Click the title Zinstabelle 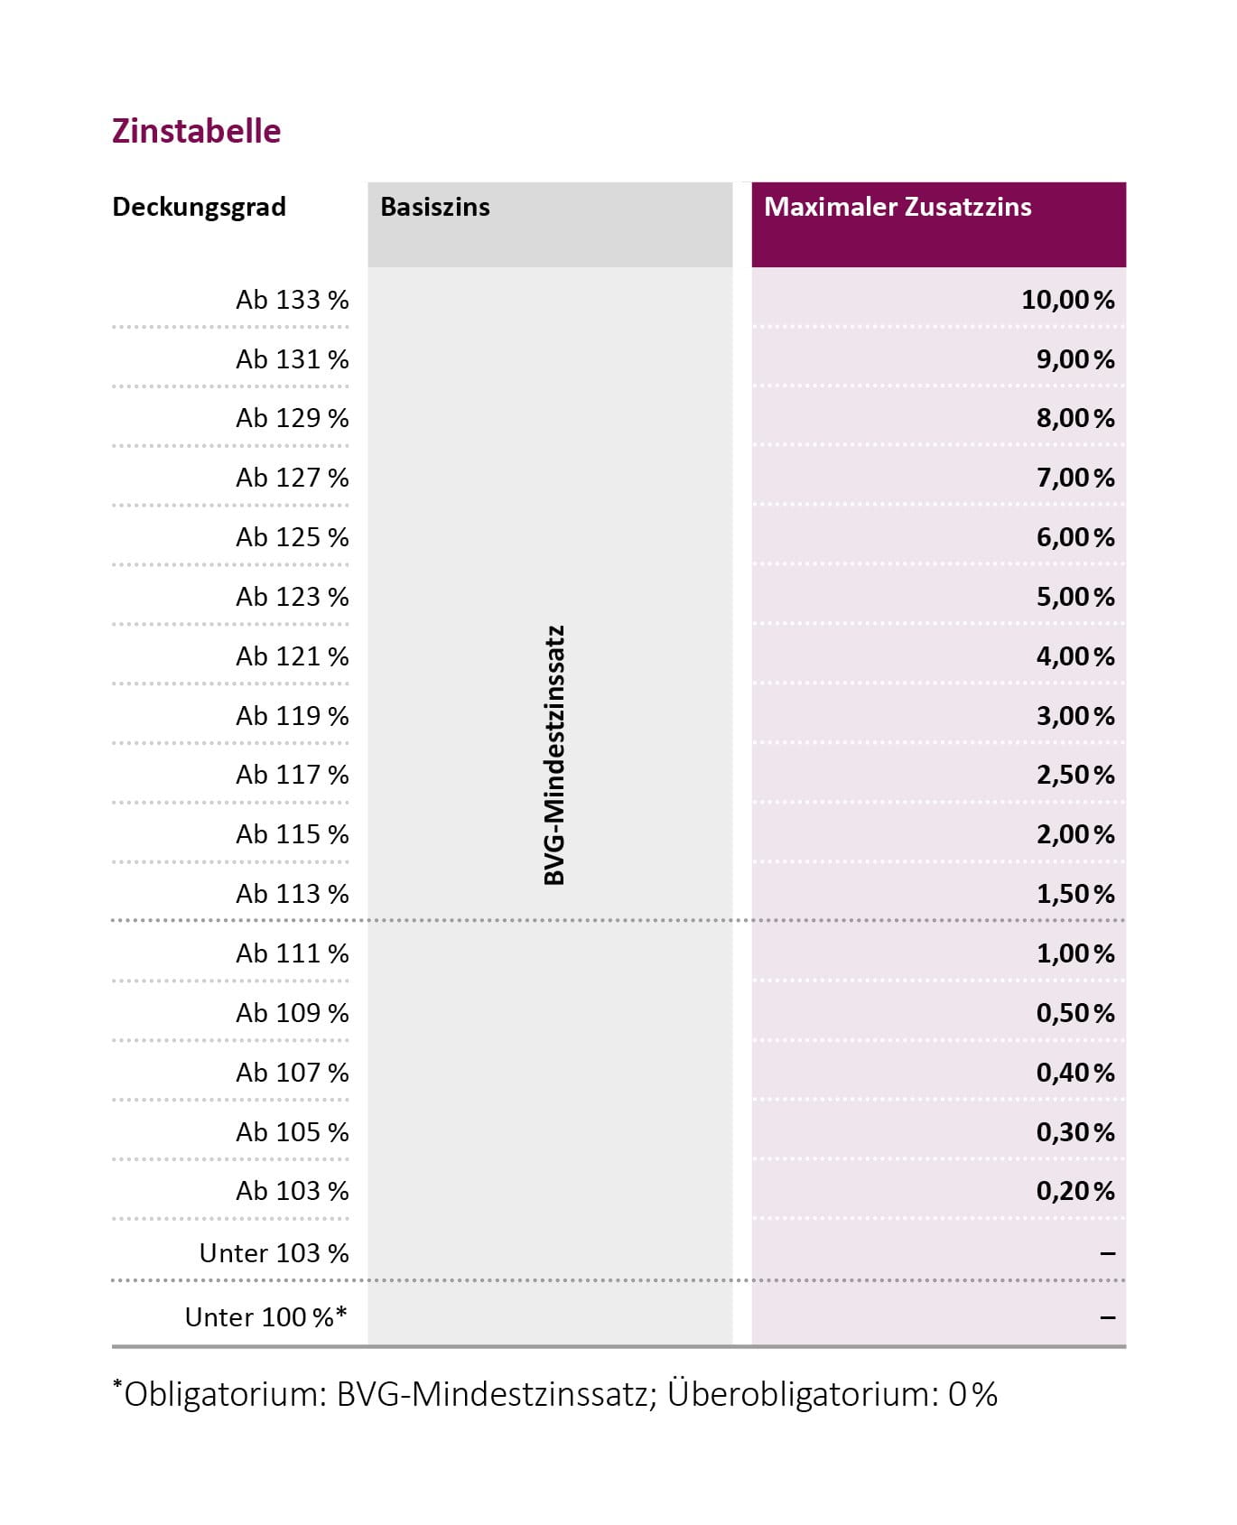tap(196, 131)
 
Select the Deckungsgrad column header tap(199, 207)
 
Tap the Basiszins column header tap(435, 207)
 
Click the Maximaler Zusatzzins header tap(898, 207)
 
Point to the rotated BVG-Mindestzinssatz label tap(554, 755)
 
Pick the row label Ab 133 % tap(292, 300)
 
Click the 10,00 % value tap(1067, 300)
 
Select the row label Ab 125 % tap(292, 537)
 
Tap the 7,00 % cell tap(1074, 478)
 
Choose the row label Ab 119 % tap(292, 716)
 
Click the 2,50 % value tap(1074, 775)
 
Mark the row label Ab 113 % tap(292, 894)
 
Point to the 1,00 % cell tap(1074, 953)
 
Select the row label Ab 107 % tap(292, 1073)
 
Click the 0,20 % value tap(1074, 1191)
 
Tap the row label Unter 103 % tap(274, 1253)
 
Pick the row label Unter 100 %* tap(265, 1317)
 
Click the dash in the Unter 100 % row tap(1108, 1318)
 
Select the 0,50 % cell tap(1074, 1013)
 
